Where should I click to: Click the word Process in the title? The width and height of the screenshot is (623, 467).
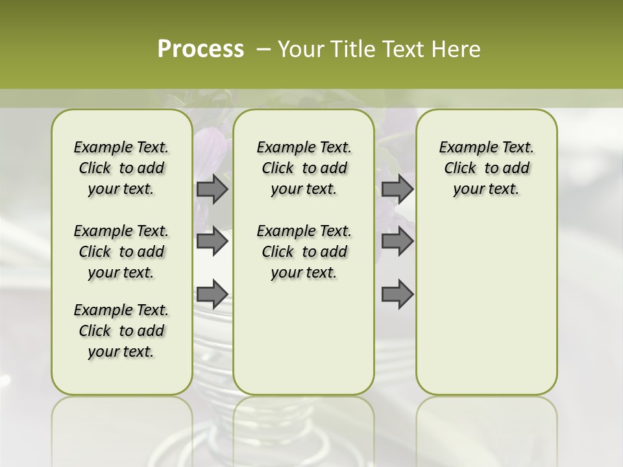point(201,49)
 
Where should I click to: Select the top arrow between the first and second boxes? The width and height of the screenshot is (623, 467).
point(212,189)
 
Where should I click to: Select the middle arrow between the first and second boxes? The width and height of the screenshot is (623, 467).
point(212,241)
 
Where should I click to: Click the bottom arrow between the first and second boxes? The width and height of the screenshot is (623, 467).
point(212,294)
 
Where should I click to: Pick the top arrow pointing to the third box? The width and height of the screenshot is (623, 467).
point(397,189)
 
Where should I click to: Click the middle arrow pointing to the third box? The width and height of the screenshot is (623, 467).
point(397,241)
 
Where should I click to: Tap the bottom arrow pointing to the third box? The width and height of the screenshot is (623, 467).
point(397,294)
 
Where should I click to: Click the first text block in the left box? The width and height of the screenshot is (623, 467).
point(121,168)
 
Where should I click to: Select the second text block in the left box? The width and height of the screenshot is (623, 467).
point(121,252)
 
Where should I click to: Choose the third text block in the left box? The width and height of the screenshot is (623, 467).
point(121,331)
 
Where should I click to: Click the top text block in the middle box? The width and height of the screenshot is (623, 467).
point(304,168)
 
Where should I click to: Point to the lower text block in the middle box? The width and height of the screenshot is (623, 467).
point(304,252)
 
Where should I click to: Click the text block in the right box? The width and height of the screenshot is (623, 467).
point(486,168)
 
